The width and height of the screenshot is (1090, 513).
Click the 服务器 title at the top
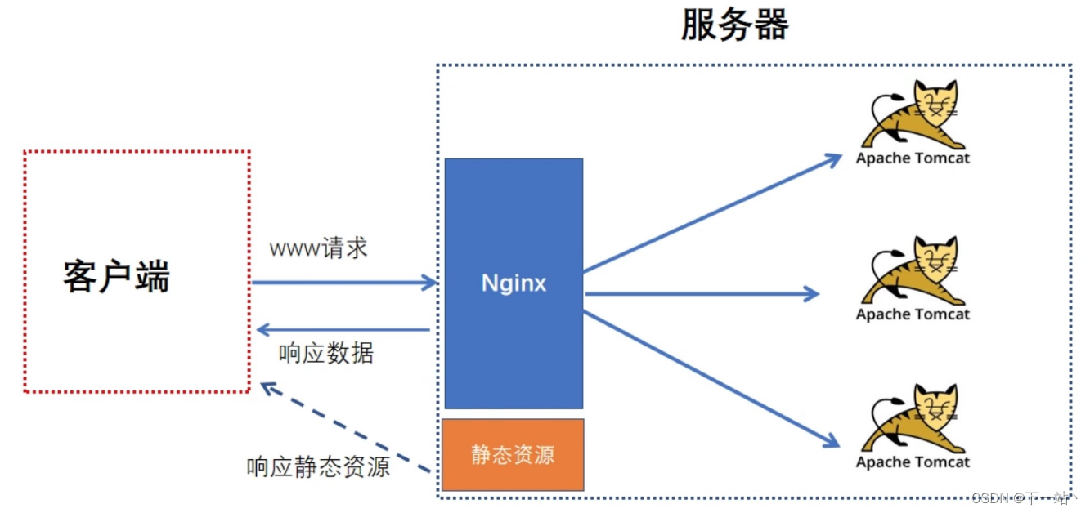pos(734,26)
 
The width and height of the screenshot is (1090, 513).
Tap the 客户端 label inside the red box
pos(116,277)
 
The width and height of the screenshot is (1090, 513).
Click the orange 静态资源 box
pos(514,454)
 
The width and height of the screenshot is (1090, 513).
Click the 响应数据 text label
pos(326,354)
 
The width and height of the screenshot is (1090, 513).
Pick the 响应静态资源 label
pos(318,466)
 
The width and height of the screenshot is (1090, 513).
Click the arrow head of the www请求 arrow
pos(431,283)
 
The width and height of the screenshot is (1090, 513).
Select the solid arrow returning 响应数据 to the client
pos(343,330)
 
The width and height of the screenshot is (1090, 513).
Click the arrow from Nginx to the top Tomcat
pos(711,213)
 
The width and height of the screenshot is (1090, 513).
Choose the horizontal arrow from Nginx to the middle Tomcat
pos(702,293)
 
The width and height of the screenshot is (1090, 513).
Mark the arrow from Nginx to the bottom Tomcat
pos(711,378)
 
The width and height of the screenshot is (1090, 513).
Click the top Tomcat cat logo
pos(913,114)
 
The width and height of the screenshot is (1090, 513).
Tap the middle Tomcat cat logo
pos(913,270)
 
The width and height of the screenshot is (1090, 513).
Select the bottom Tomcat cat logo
pos(913,418)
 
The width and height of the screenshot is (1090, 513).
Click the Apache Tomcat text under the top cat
pos(913,158)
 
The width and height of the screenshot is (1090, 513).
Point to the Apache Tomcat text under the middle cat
pos(913,314)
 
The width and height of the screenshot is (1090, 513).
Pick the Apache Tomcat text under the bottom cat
pos(913,462)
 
